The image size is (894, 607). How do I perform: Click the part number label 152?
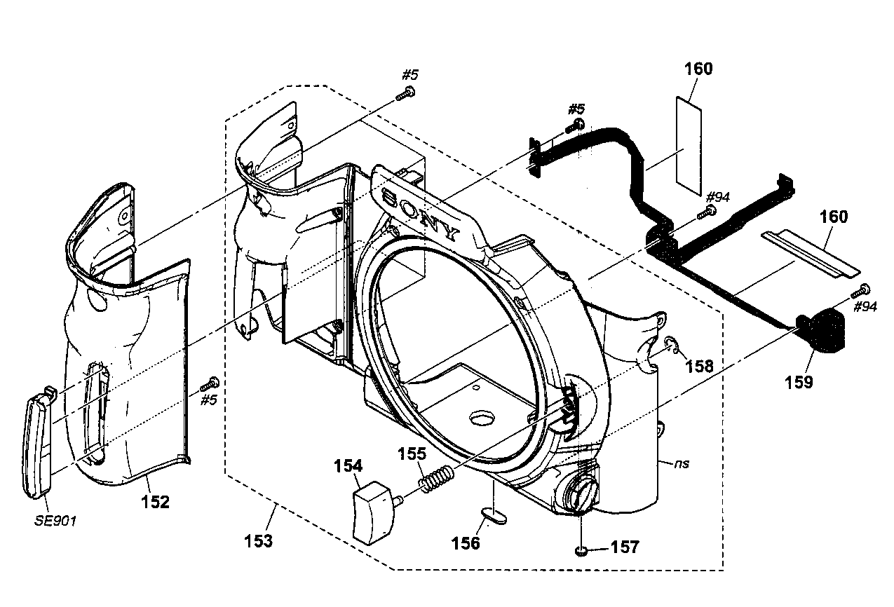155,502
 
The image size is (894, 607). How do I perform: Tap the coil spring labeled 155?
437,480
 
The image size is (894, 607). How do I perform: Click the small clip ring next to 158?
671,345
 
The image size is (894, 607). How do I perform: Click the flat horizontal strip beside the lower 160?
809,250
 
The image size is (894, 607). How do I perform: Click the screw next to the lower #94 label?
865,289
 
